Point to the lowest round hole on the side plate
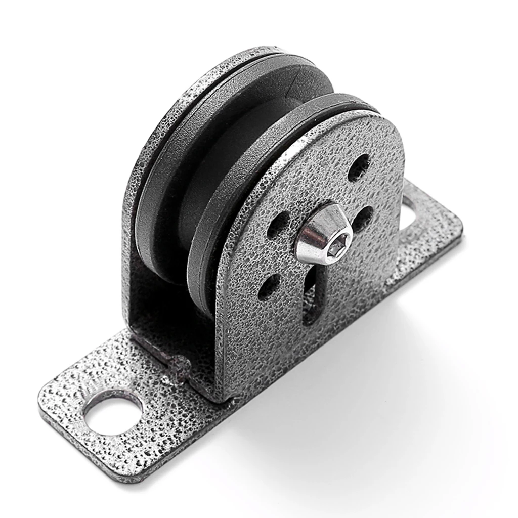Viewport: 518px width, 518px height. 269,287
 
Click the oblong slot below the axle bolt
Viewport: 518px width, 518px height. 312,298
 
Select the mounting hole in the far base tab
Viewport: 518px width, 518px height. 411,211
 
